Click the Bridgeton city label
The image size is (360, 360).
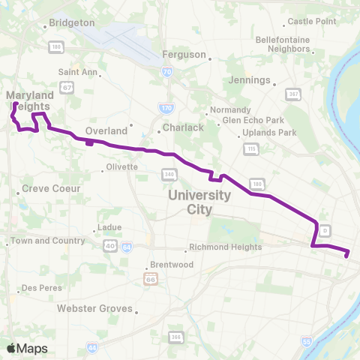tap(73, 24)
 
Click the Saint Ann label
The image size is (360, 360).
tap(78, 72)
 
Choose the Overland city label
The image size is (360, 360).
tap(106, 130)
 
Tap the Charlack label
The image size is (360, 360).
tap(184, 127)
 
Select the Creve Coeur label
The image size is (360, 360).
tap(46, 188)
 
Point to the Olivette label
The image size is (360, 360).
tap(121, 166)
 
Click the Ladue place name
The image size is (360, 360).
tap(109, 228)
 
